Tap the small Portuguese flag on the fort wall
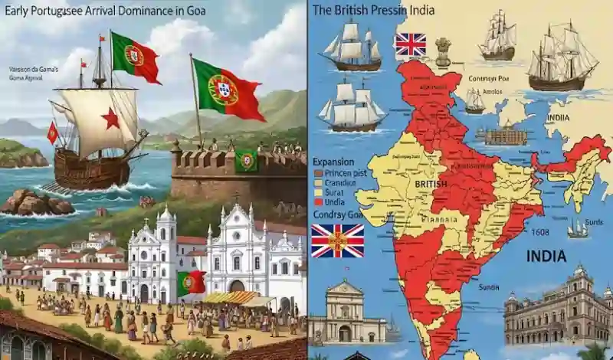pos(246,161)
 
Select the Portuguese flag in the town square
pos(191,283)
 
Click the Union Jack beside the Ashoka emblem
pos(410,46)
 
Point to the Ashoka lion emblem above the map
pos(443,49)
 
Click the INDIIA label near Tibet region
pos(557,118)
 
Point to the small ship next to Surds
pos(578,228)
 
